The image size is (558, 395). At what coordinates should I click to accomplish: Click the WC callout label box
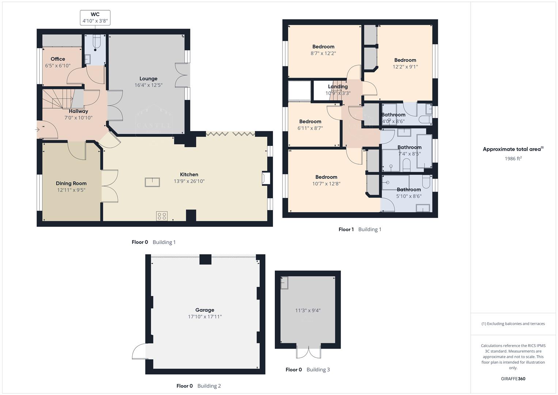coord(95,18)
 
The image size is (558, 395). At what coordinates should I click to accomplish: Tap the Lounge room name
coord(148,79)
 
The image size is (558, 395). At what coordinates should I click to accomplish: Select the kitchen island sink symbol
coord(152,182)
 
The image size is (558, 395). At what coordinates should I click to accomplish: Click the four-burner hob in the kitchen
coord(162,216)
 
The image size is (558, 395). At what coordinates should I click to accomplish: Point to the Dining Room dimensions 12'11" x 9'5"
coord(71,190)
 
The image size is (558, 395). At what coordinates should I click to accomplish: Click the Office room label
coord(58,59)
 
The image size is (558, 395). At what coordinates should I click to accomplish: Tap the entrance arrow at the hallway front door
coord(38,129)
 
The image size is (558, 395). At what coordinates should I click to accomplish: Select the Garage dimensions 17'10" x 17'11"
coord(205,317)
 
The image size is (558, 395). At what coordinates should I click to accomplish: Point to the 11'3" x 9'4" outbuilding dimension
coord(308,311)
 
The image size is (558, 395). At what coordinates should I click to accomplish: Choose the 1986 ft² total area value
coord(513,159)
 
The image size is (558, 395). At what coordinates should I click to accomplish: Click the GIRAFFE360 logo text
coord(513,379)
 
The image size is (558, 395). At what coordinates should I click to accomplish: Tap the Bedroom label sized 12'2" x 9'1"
coord(405,60)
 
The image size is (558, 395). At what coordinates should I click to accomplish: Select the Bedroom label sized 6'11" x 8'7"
coord(310,122)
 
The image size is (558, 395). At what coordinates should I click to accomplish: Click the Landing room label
coord(338,87)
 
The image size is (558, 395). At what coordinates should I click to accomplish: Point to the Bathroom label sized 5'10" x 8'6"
coord(409,189)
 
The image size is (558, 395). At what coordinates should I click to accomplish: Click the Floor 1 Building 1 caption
coord(360,230)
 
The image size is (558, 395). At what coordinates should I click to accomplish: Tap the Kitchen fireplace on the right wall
coord(266,178)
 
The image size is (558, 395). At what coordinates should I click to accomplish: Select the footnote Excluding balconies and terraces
coord(513,324)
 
